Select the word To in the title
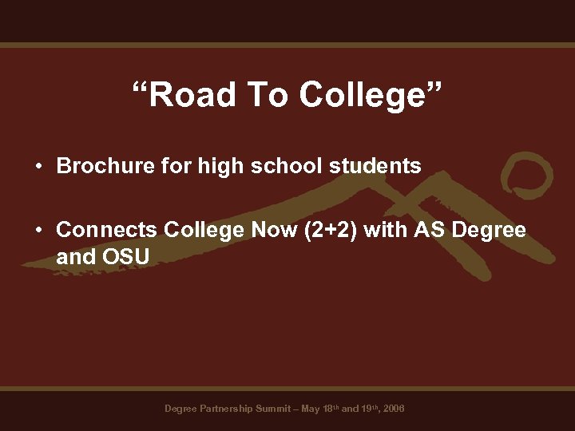pos(268,95)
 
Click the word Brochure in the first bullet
pos(97,166)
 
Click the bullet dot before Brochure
pos(38,167)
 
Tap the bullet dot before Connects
pos(38,231)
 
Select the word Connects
pos(107,230)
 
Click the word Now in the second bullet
pos(271,230)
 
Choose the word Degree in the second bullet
pos(489,230)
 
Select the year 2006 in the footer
pos(393,409)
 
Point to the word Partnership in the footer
pos(225,409)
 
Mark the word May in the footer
pos(310,409)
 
